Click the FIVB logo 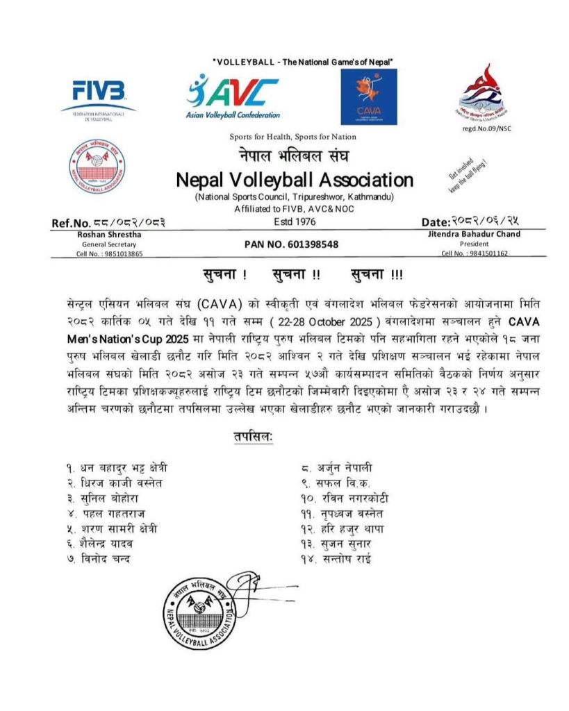99,97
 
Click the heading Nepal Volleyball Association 295,180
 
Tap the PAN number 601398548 291,244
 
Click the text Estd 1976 295,221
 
